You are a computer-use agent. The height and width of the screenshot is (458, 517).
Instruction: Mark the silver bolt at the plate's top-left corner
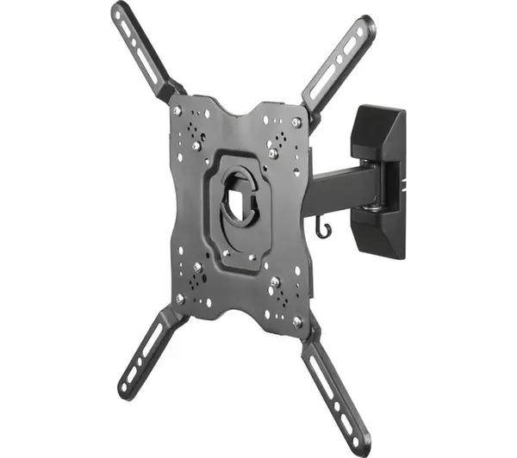[x=178, y=111]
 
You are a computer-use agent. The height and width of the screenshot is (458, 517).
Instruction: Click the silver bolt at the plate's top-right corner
[x=296, y=123]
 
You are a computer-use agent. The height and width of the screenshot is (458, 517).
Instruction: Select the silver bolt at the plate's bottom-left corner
[x=180, y=298]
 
